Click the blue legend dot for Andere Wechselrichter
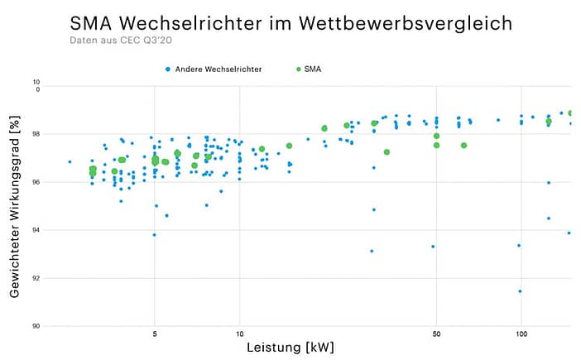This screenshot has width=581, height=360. (x=167, y=70)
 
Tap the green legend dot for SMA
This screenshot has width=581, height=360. (x=298, y=70)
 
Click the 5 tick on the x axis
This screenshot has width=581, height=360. (x=155, y=335)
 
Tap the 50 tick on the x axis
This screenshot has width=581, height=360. (x=436, y=335)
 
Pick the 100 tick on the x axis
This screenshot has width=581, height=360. (x=521, y=335)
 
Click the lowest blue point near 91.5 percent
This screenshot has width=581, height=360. (x=520, y=290)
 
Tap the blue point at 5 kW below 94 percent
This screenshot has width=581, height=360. (x=154, y=234)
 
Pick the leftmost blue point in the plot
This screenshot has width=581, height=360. (x=70, y=161)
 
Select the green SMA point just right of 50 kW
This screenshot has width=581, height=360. (x=463, y=145)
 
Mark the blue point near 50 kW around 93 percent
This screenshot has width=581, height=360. (x=433, y=246)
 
